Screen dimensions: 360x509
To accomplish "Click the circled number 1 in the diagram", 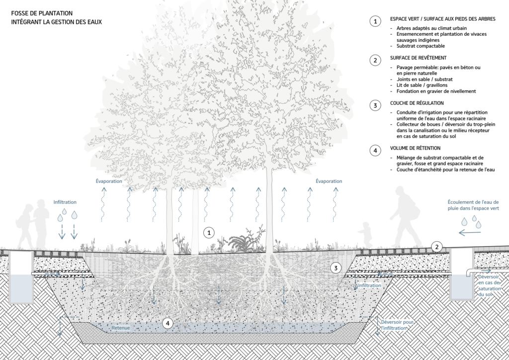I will [x=210, y=232].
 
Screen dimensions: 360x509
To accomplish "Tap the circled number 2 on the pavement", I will [x=436, y=247].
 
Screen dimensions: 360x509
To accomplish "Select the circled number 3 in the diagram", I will [x=336, y=268].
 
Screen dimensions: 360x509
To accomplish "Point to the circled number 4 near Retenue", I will [x=169, y=324].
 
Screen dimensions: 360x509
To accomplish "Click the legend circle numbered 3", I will [x=374, y=105].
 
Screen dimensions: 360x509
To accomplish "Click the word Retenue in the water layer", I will [x=121, y=329].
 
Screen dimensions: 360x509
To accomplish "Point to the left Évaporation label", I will [x=109, y=181].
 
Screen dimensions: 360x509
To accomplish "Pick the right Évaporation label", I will [x=329, y=181].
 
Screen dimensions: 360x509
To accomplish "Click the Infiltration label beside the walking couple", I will [x=65, y=202].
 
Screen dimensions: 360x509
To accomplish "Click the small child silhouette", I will [x=366, y=234].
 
